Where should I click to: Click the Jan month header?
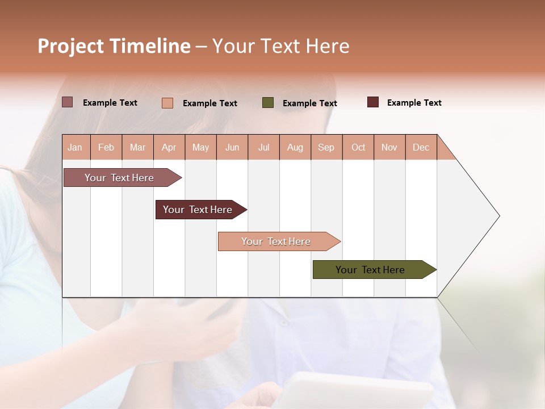(75, 147)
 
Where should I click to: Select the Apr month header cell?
(169, 147)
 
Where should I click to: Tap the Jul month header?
(263, 147)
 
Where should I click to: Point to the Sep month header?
(326, 147)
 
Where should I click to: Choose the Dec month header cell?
(421, 147)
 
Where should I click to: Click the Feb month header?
(106, 147)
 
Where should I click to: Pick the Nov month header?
(389, 147)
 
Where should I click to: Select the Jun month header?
(232, 147)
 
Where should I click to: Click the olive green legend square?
(268, 102)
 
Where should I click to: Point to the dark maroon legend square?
(373, 102)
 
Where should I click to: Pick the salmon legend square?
(167, 103)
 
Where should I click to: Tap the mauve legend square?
(67, 102)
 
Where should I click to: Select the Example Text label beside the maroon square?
(414, 103)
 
